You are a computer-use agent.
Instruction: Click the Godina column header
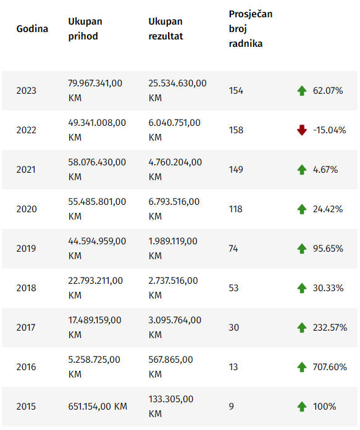coord(32,28)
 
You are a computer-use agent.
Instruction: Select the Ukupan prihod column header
coord(85,28)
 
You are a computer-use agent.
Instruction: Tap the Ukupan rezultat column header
coord(165,28)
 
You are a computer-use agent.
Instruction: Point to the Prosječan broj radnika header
coord(251,28)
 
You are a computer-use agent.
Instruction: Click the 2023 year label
coord(27,91)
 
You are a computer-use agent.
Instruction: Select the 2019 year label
coord(26,249)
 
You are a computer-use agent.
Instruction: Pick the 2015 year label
coord(26,407)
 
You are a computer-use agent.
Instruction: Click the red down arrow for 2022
coord(302,130)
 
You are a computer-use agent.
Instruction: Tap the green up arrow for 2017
coord(302,328)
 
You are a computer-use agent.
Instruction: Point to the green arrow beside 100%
coord(302,407)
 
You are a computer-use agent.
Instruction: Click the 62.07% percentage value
coord(328,91)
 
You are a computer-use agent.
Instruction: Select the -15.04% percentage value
coord(330,130)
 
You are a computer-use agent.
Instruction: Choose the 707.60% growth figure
coord(330,367)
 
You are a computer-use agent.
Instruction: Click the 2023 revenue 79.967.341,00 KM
coord(95,91)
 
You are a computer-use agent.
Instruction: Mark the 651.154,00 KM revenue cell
coord(98,407)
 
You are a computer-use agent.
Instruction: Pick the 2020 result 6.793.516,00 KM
coord(174,209)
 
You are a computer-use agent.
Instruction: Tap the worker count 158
coord(236,130)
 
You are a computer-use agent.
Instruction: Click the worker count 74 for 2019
coord(233,249)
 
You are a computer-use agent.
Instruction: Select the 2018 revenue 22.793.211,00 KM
coord(96,288)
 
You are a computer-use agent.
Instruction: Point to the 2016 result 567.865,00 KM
coord(170,367)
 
